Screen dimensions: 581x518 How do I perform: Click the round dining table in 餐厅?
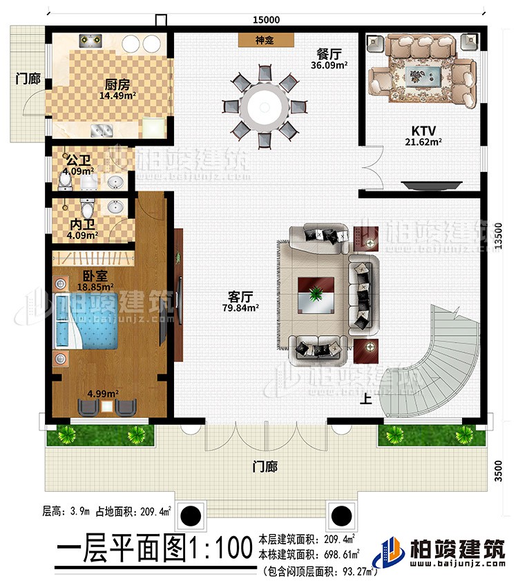pos(268,106)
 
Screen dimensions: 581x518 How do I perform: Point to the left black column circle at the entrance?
pos(191,515)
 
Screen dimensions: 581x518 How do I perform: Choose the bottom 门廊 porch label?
pos(265,467)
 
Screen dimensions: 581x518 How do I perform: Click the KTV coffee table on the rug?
pos(419,74)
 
